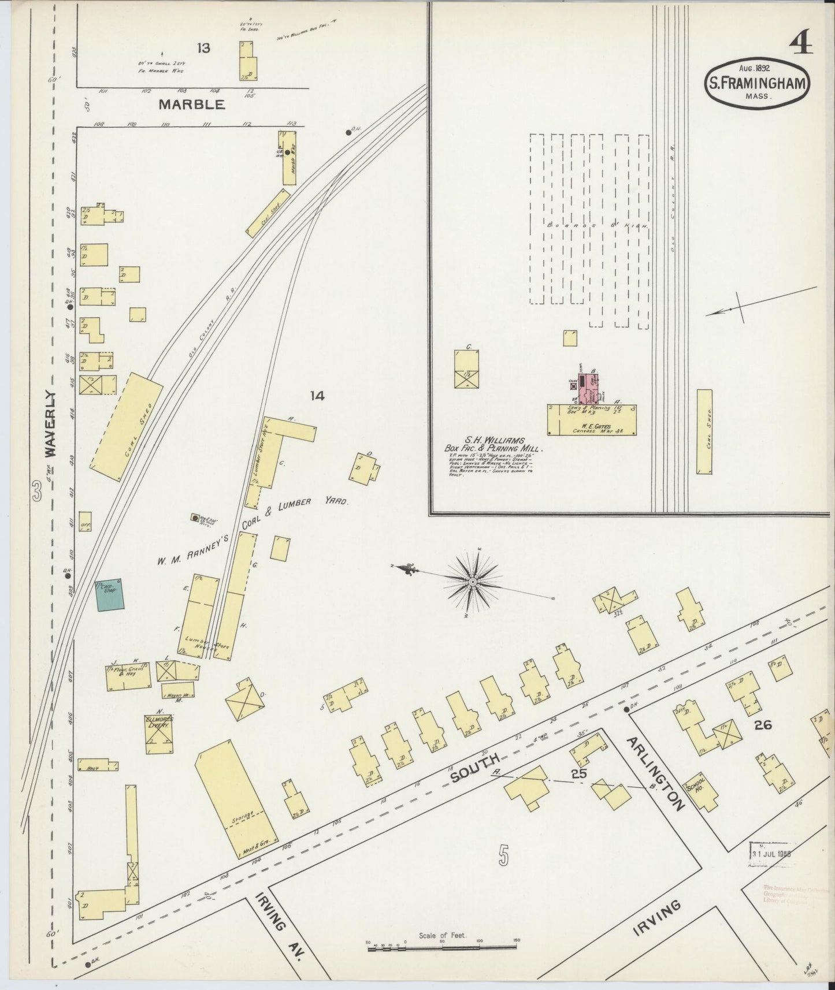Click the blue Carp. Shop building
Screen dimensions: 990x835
(110, 594)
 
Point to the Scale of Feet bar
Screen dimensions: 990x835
(442, 944)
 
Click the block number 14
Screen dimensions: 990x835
(317, 396)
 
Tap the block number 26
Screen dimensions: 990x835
(763, 724)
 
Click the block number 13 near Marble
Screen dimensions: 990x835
(203, 48)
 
